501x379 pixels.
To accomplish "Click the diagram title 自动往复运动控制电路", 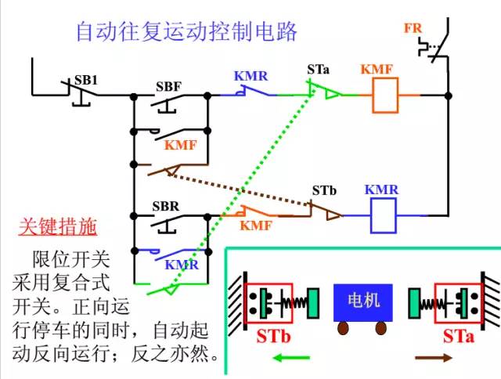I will tap(186, 32).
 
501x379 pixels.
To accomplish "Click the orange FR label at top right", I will tap(413, 29).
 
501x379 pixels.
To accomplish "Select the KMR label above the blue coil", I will tap(382, 190).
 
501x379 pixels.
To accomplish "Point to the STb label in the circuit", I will tap(324, 190).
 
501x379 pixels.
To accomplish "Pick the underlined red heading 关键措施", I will tap(57, 228).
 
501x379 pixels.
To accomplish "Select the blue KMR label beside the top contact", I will tap(250, 77).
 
